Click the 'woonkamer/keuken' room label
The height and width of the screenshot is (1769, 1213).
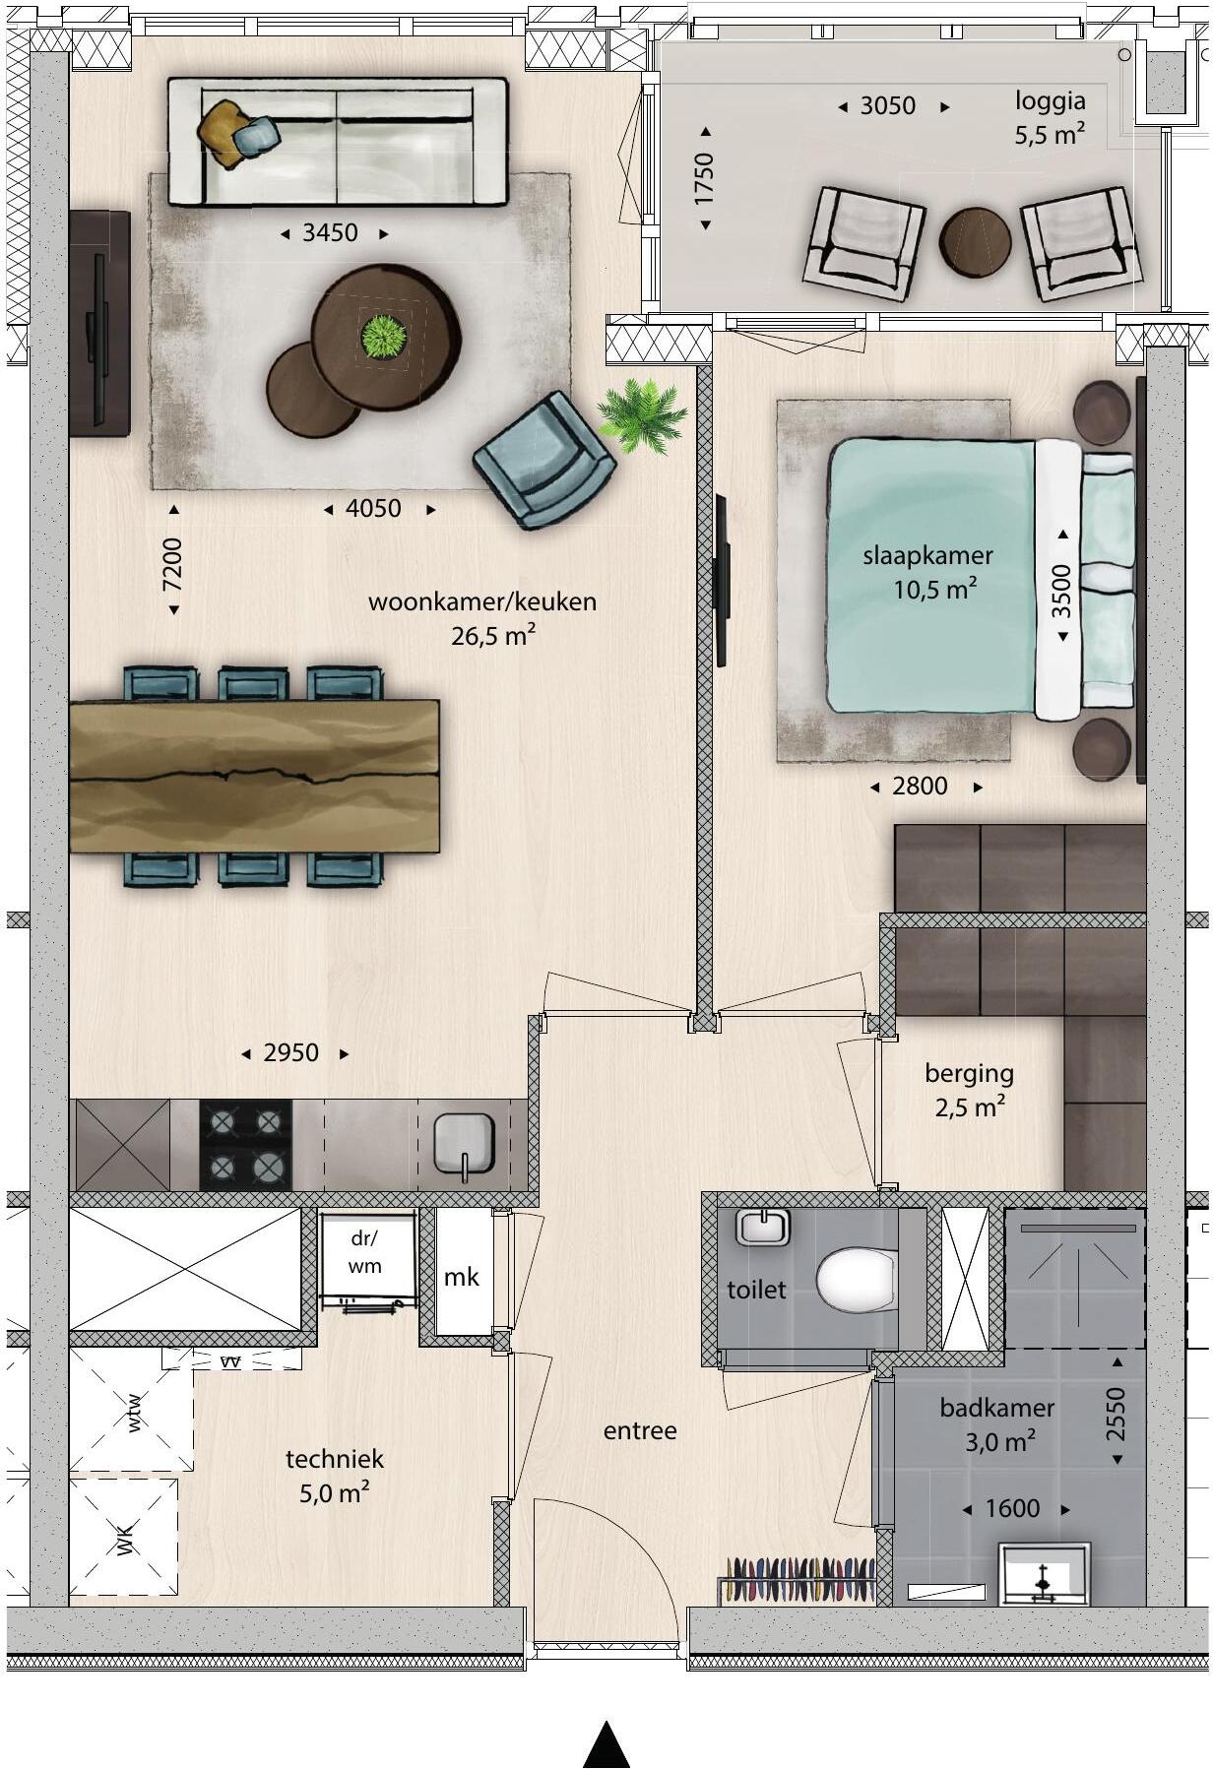(482, 601)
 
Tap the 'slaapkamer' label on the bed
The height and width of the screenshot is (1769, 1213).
(927, 555)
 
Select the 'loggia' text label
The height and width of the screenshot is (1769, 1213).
(1051, 101)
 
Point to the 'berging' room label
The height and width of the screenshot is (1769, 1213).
(969, 1073)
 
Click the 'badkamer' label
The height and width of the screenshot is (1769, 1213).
(996, 1408)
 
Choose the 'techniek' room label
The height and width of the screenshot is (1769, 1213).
(335, 1459)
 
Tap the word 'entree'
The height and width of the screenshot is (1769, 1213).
(640, 1430)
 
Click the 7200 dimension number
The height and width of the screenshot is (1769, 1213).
(173, 564)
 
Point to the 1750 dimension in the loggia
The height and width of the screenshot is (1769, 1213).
(704, 178)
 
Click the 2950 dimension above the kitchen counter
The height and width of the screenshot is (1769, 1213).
(291, 1053)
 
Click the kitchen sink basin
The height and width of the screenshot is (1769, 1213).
(465, 1143)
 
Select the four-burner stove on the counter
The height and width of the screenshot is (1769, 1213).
(245, 1145)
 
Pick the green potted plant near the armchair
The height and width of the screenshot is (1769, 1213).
(642, 417)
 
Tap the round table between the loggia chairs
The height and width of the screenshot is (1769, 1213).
(975, 242)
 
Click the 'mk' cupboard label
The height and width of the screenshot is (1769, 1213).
(461, 1277)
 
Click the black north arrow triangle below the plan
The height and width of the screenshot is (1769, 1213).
(606, 1746)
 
